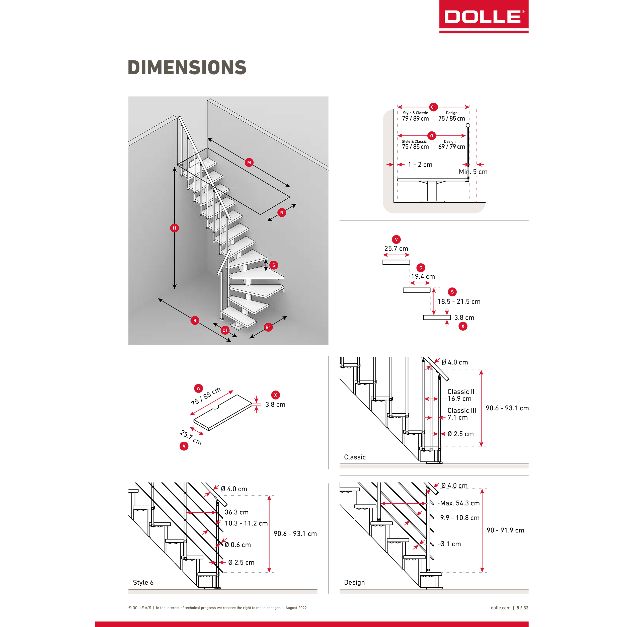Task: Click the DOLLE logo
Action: pyautogui.click(x=484, y=17)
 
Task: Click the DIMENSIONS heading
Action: pyautogui.click(x=187, y=67)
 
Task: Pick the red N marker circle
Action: pyautogui.click(x=282, y=213)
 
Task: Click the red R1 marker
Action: pyautogui.click(x=268, y=327)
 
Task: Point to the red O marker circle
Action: pyautogui.click(x=431, y=136)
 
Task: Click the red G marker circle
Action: pyautogui.click(x=421, y=268)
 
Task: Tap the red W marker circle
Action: pyautogui.click(x=199, y=388)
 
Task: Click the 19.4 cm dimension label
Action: pyautogui.click(x=423, y=276)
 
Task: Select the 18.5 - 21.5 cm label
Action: pyautogui.click(x=459, y=301)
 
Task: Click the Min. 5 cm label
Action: pyautogui.click(x=473, y=172)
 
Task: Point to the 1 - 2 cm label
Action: pyautogui.click(x=420, y=165)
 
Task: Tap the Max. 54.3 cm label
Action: pyautogui.click(x=460, y=503)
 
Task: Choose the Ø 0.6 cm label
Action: pyautogui.click(x=238, y=544)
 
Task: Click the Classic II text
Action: pyautogui.click(x=461, y=392)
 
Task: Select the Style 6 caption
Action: pyautogui.click(x=143, y=582)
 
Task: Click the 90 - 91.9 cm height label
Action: pyautogui.click(x=505, y=530)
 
